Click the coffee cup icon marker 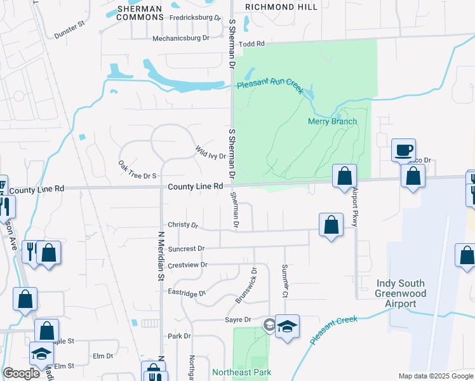coord(403,150)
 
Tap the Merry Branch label coord(332,121)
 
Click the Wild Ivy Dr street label coord(210,152)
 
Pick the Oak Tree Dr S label coord(137,169)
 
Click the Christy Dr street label coord(183,225)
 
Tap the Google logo coord(21,373)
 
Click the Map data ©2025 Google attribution coord(435,376)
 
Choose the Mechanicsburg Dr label coord(181,38)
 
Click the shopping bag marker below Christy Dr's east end coord(331,225)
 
